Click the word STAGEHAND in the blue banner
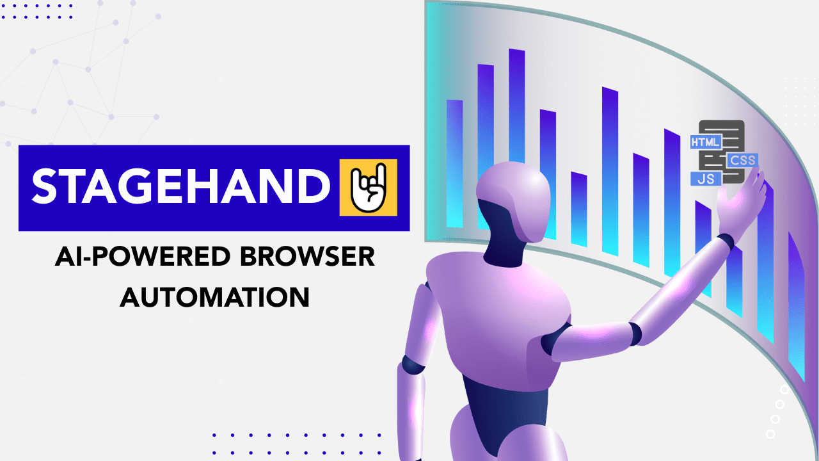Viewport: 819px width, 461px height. tap(176, 187)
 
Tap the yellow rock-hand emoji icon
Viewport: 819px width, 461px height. tap(368, 187)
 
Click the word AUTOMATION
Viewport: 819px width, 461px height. tap(215, 297)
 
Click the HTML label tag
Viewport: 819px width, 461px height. tap(706, 142)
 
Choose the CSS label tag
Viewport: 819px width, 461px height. tap(742, 160)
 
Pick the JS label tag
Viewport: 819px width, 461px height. tap(706, 179)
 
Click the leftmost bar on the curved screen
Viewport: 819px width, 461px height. tap(454, 163)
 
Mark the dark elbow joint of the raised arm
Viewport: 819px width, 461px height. tap(634, 333)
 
